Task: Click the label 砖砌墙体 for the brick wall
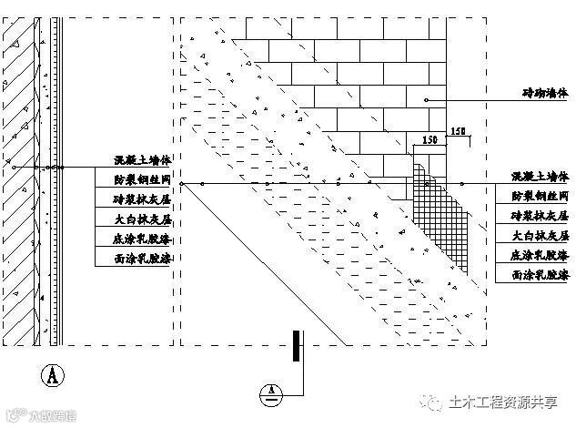[x=541, y=92]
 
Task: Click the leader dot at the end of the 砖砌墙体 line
[x=427, y=99]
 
